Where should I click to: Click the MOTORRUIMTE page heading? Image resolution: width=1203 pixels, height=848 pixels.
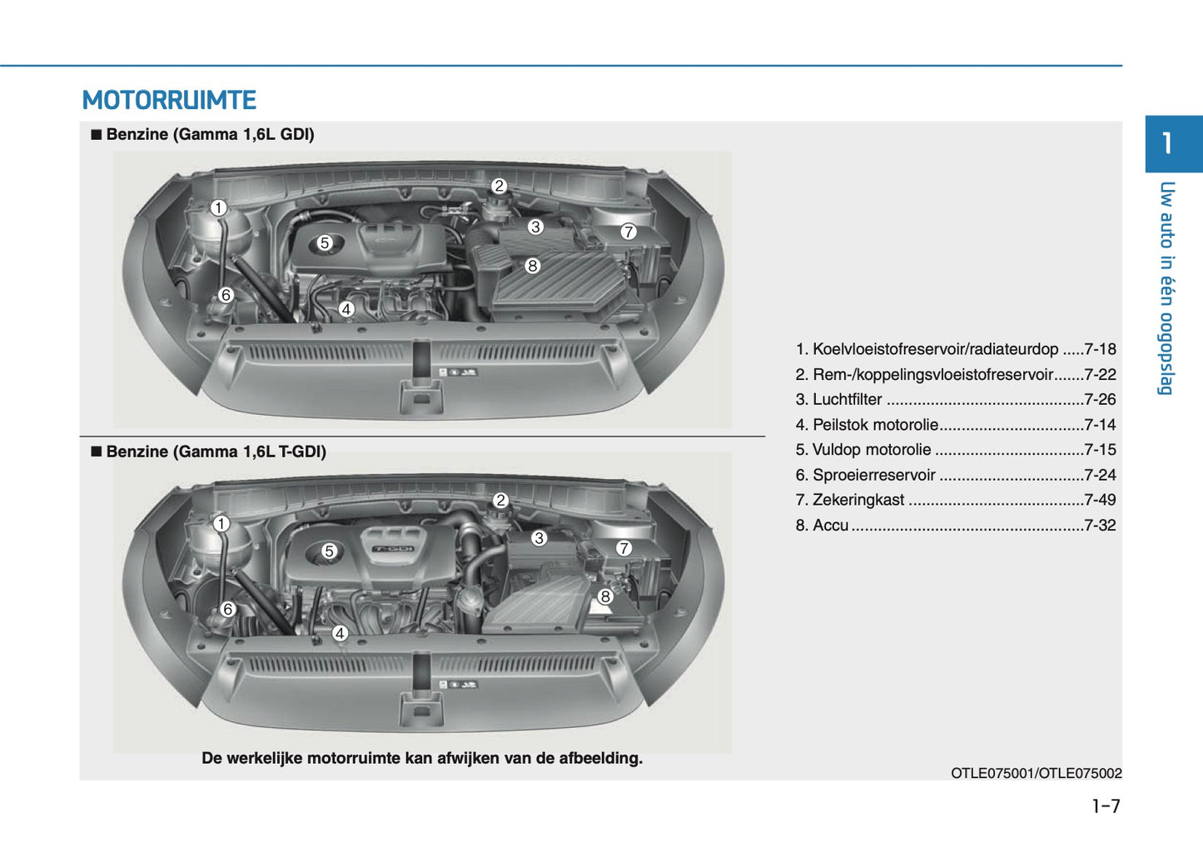click(x=169, y=101)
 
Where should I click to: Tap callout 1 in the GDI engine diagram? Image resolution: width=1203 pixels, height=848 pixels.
click(x=218, y=208)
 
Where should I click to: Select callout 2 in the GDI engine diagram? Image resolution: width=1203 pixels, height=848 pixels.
click(x=499, y=186)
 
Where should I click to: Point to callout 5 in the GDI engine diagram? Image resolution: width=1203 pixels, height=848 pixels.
click(x=325, y=243)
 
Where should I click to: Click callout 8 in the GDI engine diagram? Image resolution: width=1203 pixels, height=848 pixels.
click(x=533, y=266)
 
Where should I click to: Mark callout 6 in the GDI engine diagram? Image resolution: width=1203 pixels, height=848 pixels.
click(x=226, y=295)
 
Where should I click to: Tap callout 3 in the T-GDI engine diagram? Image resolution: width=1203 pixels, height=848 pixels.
click(x=539, y=538)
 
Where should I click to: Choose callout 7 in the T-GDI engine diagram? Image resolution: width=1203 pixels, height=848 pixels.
click(x=624, y=548)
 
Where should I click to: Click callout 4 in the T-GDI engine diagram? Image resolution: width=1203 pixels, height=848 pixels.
click(x=340, y=633)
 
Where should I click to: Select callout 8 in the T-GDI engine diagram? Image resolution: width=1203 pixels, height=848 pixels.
click(x=605, y=596)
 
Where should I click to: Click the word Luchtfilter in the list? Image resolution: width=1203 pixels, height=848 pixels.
click(x=847, y=400)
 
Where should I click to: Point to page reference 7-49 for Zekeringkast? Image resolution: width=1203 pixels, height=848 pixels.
click(x=1100, y=500)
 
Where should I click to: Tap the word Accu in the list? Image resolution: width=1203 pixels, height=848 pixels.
click(x=830, y=526)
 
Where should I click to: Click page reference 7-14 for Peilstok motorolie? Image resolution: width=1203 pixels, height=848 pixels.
click(x=1100, y=425)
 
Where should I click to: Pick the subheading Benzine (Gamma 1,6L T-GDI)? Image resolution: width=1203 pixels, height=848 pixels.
click(x=216, y=451)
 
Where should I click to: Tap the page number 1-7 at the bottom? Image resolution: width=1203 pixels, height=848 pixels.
click(x=1106, y=806)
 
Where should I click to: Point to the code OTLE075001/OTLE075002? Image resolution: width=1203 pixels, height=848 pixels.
click(x=1036, y=773)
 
